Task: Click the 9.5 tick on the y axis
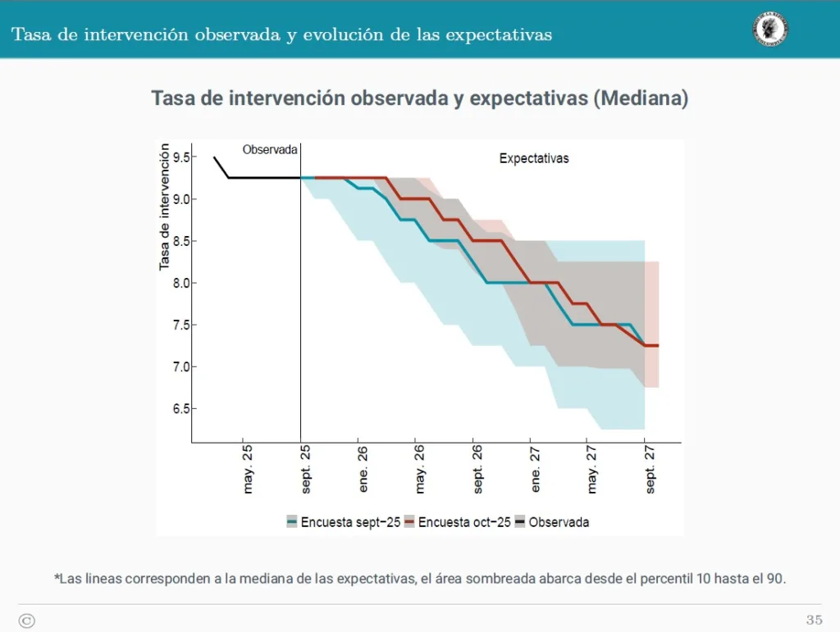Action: pos(180,157)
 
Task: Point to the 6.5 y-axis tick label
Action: pos(180,408)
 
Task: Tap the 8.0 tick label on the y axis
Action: pos(180,283)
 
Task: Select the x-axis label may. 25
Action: pos(249,470)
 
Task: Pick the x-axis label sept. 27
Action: pos(651,470)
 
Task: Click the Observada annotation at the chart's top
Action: pos(270,150)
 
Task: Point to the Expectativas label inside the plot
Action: pos(534,158)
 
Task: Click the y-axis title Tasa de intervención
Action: pos(165,207)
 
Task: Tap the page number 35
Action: pos(814,620)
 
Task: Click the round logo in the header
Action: pos(770,29)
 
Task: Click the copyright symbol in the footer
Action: pos(26,621)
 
